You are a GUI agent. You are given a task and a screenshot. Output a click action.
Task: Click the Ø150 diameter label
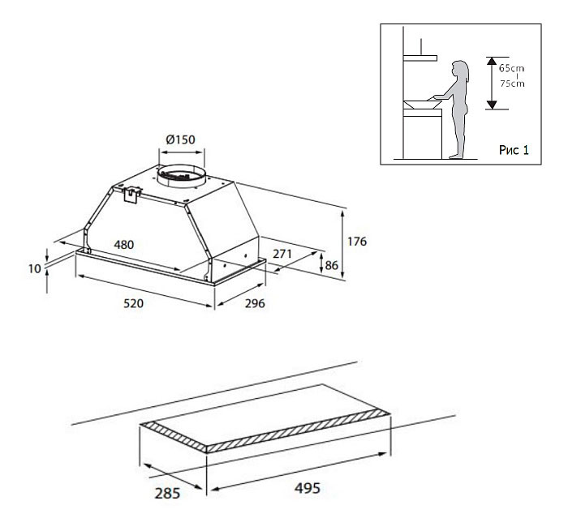tap(180, 139)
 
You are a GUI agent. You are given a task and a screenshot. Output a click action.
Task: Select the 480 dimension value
tap(124, 244)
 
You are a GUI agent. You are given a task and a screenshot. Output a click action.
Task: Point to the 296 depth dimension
tap(255, 304)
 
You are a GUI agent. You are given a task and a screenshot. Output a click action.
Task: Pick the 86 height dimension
tap(331, 264)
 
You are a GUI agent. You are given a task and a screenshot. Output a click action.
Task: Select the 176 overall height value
tap(357, 242)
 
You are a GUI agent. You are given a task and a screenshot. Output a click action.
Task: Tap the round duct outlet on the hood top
tap(180, 173)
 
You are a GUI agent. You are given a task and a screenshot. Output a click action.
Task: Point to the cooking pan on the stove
tap(419, 103)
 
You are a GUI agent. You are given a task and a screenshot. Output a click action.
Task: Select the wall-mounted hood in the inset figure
tap(421, 58)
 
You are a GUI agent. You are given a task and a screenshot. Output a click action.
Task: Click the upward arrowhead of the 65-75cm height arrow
tap(491, 59)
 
